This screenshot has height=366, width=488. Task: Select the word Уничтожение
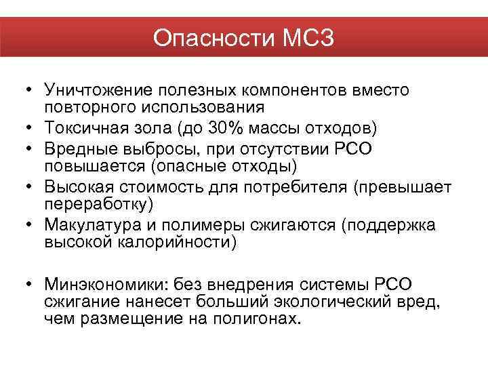pyautogui.click(x=97, y=91)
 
